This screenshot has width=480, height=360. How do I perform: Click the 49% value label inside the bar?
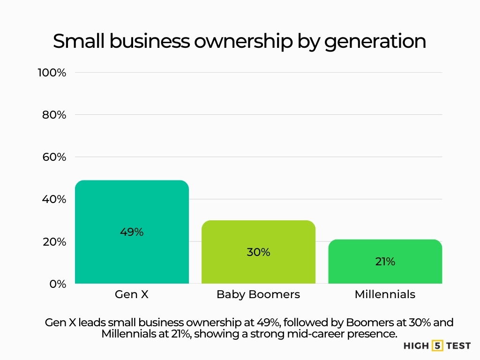(132, 232)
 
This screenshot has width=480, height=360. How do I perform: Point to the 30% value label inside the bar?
(258, 252)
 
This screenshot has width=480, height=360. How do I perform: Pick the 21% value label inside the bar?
(385, 262)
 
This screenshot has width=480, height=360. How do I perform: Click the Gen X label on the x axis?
(132, 294)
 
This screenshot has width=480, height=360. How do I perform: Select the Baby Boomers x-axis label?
(258, 294)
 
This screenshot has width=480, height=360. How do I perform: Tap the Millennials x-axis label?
(385, 294)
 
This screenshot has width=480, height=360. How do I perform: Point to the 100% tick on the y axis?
(52, 73)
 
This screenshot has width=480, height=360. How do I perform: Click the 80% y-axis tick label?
(54, 115)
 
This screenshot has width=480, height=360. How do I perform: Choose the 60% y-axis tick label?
(54, 157)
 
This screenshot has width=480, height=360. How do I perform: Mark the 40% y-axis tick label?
(54, 199)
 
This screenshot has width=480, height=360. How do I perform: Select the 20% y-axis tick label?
(54, 242)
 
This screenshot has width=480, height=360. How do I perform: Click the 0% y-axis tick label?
(58, 284)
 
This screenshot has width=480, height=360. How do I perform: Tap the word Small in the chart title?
(79, 41)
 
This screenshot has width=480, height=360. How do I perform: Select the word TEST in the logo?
(458, 346)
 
